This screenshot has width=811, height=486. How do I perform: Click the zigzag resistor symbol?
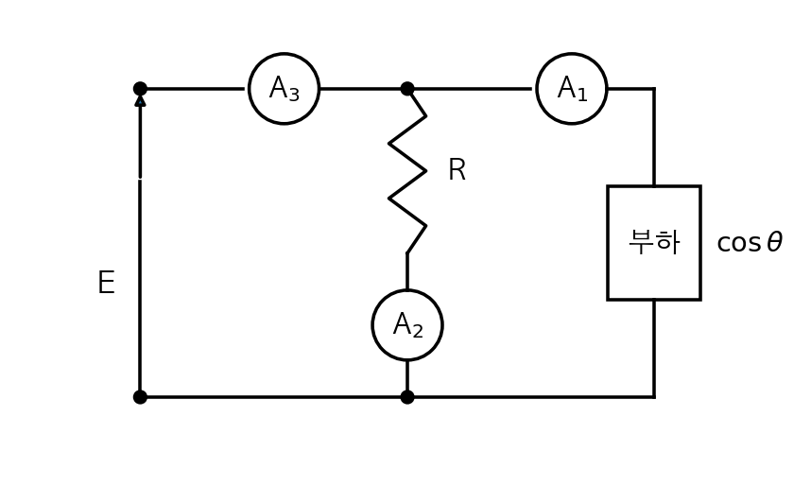point(407,171)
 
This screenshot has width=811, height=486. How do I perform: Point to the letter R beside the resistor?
point(457,170)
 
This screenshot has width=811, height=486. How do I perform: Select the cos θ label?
point(750,242)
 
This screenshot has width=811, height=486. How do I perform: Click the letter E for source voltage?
point(106,283)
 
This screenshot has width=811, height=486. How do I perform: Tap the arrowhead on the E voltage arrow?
point(140,100)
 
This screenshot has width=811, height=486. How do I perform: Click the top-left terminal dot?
point(140,89)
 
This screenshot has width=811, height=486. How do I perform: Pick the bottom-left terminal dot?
point(140,397)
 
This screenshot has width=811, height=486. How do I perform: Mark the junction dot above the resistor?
point(407,89)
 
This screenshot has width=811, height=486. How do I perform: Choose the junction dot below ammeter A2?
point(407,397)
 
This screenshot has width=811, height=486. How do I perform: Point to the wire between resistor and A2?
point(407,271)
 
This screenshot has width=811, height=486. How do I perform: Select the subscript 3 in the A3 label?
point(294,95)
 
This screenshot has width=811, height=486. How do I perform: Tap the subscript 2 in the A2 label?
point(418,331)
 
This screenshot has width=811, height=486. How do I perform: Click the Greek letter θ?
point(774,242)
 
